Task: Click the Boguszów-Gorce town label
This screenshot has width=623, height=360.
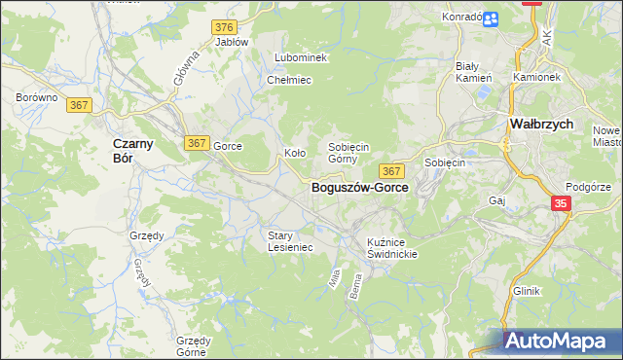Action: click(359, 189)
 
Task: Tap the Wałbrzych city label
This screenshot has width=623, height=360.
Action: click(541, 125)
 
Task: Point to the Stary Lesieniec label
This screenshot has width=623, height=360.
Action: click(290, 240)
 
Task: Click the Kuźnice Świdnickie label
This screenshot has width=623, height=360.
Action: click(392, 247)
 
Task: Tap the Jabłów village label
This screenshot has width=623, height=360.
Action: click(232, 43)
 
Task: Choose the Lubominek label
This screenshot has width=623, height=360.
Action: click(301, 58)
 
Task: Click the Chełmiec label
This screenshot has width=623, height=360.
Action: click(289, 80)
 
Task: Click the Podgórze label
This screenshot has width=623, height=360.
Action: click(588, 187)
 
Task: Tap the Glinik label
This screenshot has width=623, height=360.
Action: click(526, 291)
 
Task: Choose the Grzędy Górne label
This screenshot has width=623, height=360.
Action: click(195, 346)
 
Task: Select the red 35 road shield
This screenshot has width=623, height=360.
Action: click(561, 203)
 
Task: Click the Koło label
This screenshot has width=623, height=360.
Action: click(295, 153)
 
